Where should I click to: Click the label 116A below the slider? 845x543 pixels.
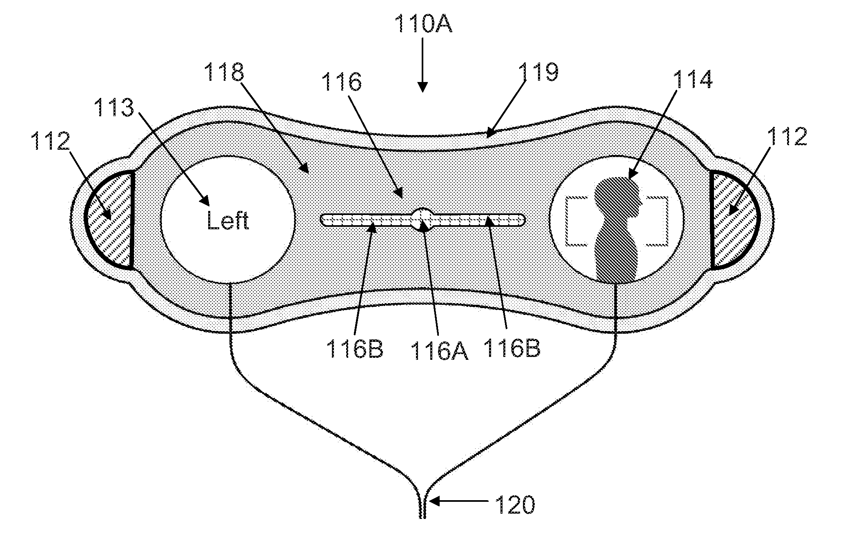coord(439,350)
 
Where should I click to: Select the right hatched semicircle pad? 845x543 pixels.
coord(731,220)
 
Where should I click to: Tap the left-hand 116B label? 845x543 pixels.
coord(354,349)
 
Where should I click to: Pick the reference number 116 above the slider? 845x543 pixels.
coord(342,82)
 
